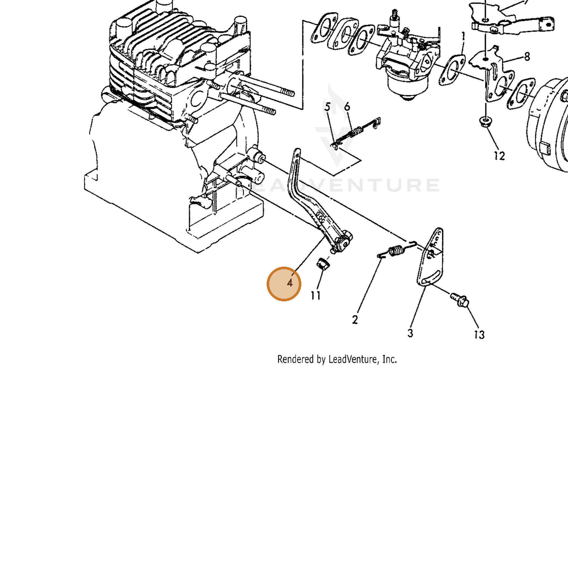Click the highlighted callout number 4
290,283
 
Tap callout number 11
316,295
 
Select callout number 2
355,320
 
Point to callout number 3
410,333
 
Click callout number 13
479,334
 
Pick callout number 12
499,156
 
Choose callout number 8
527,56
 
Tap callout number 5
327,107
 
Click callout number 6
347,107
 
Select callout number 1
463,36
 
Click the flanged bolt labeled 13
459,300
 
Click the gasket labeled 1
452,70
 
